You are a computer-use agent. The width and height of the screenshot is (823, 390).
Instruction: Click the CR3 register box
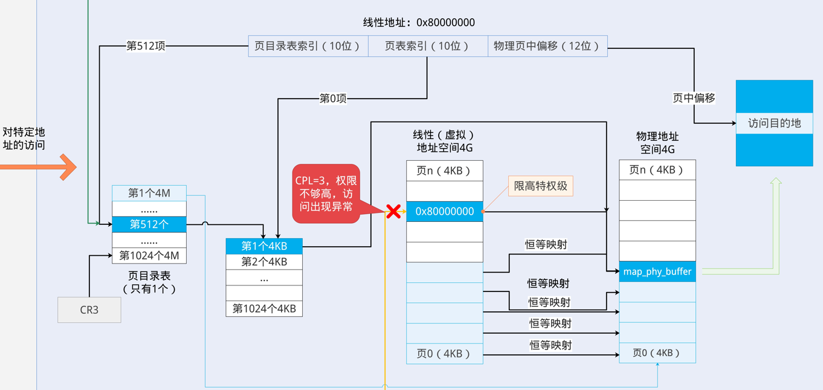89,310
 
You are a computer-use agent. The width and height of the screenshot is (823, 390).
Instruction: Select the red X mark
393,212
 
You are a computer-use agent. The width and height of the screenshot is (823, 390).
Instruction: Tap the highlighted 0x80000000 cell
445,212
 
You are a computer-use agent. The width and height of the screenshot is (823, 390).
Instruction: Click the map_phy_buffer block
657,271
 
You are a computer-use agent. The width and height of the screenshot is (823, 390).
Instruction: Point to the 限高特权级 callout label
541,186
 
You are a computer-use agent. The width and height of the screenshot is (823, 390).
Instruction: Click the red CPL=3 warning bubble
326,193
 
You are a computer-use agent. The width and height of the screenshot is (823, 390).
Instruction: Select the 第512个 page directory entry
149,224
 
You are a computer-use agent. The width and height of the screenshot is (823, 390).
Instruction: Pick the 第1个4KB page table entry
264,246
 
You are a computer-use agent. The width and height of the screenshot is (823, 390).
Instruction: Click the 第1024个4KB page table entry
264,308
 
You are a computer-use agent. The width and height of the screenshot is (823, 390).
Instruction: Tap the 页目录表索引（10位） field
308,46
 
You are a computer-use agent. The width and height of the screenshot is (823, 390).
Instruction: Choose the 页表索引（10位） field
428,46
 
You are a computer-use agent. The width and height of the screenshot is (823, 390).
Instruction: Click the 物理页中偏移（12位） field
547,46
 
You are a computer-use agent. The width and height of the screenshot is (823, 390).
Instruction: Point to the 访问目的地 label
774,123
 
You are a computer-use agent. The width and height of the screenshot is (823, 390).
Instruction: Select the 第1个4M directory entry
149,193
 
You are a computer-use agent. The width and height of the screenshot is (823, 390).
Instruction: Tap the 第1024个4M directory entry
149,256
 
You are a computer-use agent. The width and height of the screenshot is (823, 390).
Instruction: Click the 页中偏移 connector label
694,98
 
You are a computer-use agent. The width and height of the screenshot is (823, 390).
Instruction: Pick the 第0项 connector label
333,99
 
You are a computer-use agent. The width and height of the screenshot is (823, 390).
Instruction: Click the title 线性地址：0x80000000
419,22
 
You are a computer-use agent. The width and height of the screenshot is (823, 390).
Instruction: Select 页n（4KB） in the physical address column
657,170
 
